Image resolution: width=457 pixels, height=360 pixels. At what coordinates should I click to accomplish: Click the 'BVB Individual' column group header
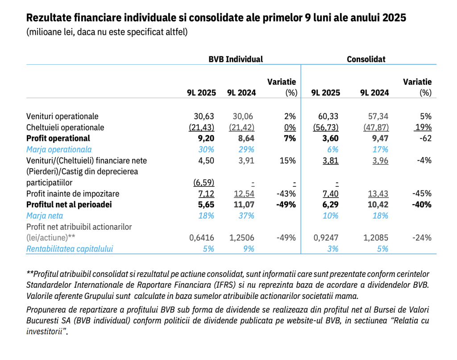236,59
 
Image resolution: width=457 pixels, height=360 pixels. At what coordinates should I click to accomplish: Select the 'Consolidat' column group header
366,59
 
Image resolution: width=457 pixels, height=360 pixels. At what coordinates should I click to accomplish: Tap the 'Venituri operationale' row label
62,116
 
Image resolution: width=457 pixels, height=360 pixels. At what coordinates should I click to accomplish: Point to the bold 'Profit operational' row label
58,138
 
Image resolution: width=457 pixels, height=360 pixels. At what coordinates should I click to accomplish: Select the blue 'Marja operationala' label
59,149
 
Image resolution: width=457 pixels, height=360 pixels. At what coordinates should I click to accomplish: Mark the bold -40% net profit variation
421,205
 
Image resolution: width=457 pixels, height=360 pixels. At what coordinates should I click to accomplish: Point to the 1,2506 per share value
241,238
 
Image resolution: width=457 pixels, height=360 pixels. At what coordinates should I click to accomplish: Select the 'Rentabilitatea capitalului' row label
70,249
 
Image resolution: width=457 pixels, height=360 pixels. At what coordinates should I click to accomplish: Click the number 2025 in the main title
392,18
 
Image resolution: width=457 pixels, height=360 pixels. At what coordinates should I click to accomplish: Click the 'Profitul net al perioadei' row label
68,205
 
